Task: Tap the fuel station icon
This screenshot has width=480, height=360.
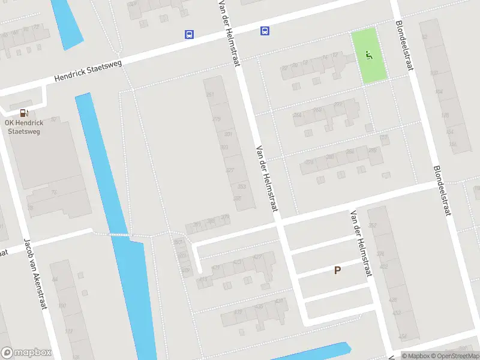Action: (x=24, y=112)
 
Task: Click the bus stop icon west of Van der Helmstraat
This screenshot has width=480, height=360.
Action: (x=189, y=35)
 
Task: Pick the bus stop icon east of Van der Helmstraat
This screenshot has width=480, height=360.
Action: (x=265, y=31)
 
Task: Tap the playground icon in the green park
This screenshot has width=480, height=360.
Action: (x=369, y=56)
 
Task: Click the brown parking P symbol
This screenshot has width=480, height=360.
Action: (x=337, y=271)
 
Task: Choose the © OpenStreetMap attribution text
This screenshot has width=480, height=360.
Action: (x=454, y=356)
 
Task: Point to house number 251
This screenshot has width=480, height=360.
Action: (x=210, y=95)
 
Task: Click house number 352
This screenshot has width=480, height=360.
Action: (x=373, y=226)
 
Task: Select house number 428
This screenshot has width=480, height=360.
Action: (x=393, y=299)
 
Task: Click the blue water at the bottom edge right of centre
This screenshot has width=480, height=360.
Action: (x=324, y=350)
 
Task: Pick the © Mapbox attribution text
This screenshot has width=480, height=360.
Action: (x=415, y=356)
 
